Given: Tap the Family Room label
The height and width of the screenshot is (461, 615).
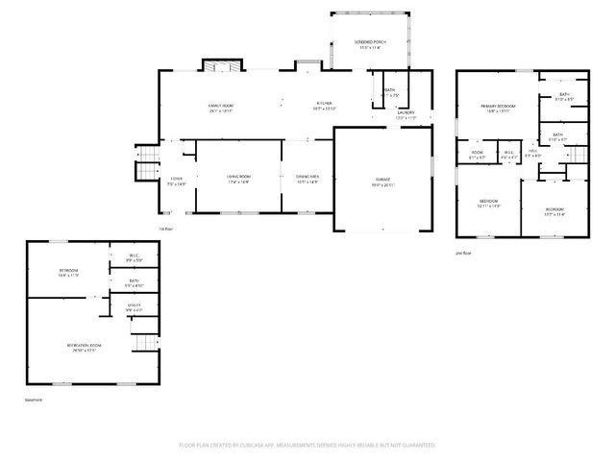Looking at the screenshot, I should pos(221,106).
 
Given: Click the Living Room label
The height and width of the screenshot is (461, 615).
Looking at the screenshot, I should pos(238,178).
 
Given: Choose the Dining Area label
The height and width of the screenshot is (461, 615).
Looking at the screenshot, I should pos(307,178).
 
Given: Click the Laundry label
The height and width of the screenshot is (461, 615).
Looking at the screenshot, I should pos(406,113).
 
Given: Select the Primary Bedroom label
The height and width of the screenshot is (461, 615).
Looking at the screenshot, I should pos(498,107).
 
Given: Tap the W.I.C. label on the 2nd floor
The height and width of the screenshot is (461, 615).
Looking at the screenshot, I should pos(509,152).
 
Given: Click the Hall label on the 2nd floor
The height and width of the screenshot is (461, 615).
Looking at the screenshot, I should pos(533,152).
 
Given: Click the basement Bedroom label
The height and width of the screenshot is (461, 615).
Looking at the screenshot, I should pos(68,272).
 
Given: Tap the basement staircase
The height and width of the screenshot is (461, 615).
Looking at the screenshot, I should pos(143,343).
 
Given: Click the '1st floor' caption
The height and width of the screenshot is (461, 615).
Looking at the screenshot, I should pos(165,228).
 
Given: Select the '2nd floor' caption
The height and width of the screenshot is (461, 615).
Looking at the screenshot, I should pos(462,253).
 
